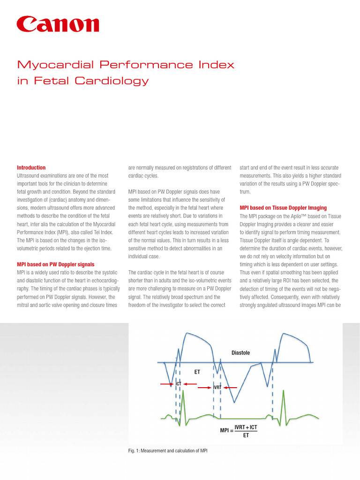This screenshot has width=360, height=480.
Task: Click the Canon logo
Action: [x=58, y=25]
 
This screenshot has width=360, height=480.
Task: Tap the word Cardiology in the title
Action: [x=115, y=81]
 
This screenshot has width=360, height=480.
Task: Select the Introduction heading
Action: [x=31, y=167]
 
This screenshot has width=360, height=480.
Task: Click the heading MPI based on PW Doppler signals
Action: [x=56, y=264]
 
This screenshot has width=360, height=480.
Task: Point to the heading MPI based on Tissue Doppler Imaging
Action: [x=283, y=208]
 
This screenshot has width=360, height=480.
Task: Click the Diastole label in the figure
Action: [x=240, y=352]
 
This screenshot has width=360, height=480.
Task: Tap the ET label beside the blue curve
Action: [x=197, y=371]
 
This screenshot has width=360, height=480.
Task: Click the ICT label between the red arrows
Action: [x=179, y=383]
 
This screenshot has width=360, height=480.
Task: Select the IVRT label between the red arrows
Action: [x=217, y=388]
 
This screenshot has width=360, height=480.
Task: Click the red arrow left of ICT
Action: [x=167, y=384]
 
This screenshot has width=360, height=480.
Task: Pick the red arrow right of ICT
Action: [x=189, y=384]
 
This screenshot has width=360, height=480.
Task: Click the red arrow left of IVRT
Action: [x=205, y=388]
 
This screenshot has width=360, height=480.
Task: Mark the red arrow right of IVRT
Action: [x=229, y=388]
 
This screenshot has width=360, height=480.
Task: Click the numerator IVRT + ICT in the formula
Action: [x=246, y=427]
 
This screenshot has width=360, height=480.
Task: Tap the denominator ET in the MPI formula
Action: [x=246, y=435]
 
